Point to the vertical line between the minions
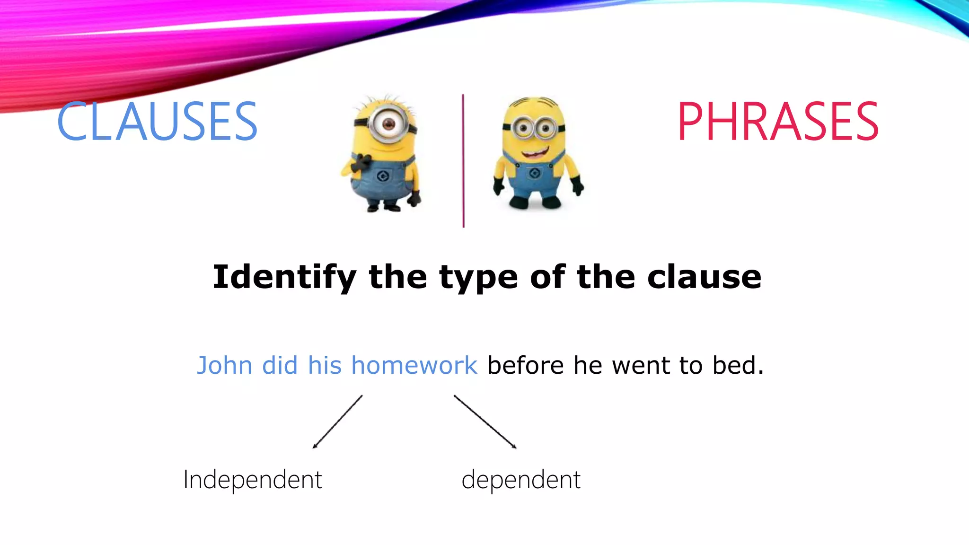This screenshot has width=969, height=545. pyautogui.click(x=463, y=161)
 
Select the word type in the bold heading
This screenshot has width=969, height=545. pyautogui.click(x=478, y=278)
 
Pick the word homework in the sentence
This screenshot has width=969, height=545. pyautogui.click(x=414, y=366)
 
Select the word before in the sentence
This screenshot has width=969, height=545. pyautogui.click(x=525, y=366)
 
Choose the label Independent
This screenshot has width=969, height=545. pyautogui.click(x=252, y=480)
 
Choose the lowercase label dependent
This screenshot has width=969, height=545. pyautogui.click(x=520, y=480)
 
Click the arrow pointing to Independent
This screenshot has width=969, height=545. pyautogui.click(x=337, y=422)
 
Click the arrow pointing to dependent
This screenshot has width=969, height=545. pyautogui.click(x=485, y=422)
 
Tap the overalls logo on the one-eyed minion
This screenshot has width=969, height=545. pyautogui.click(x=383, y=177)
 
